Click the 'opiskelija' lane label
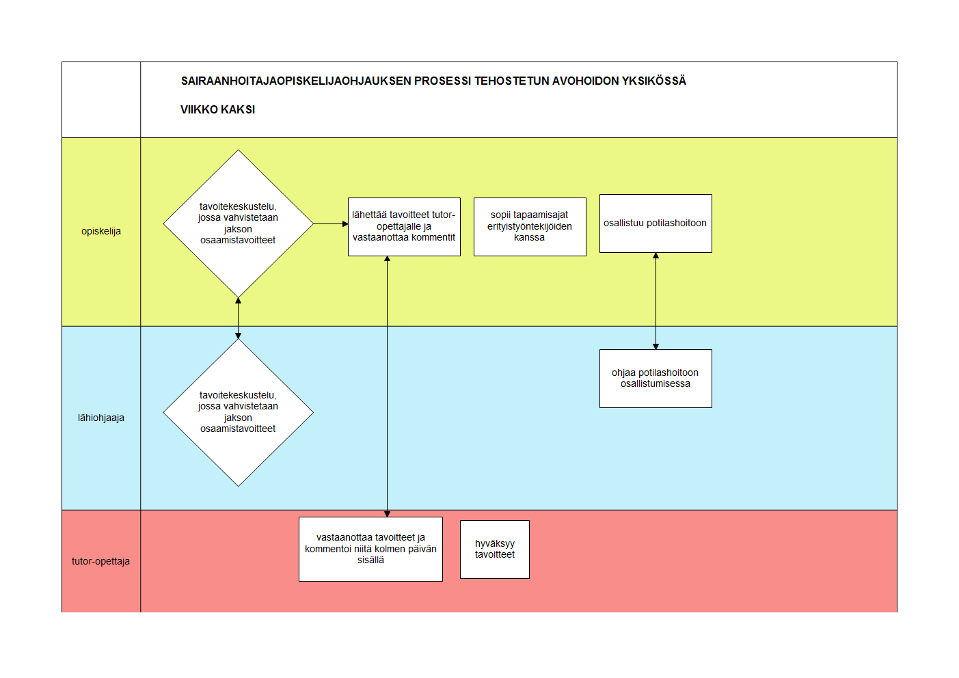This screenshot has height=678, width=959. [x=101, y=231]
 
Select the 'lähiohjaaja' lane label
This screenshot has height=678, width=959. [x=101, y=418]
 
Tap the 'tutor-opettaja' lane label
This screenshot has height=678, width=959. [x=100, y=561]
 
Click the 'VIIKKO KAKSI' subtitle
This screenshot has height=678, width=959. [x=217, y=109]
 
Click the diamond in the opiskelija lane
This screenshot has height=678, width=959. [x=239, y=223]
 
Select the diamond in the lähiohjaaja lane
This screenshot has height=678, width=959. [x=239, y=413]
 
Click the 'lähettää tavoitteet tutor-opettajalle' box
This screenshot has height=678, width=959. [x=404, y=227]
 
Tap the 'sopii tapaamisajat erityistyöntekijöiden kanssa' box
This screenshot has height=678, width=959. [x=530, y=227]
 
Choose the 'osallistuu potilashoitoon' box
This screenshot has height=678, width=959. [x=656, y=223]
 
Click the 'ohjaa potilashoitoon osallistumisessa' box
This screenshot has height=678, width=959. [x=656, y=379]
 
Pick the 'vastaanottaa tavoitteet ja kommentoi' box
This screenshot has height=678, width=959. [x=370, y=549]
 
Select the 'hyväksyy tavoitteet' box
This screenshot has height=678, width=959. [x=495, y=550]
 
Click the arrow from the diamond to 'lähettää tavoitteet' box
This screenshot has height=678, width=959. [x=331, y=223]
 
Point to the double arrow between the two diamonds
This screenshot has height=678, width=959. [x=239, y=318]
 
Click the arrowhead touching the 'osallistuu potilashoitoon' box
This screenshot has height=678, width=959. [x=656, y=256]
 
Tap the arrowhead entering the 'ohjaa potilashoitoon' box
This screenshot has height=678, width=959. [x=656, y=347]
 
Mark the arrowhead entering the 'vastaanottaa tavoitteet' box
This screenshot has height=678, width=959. [x=387, y=514]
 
